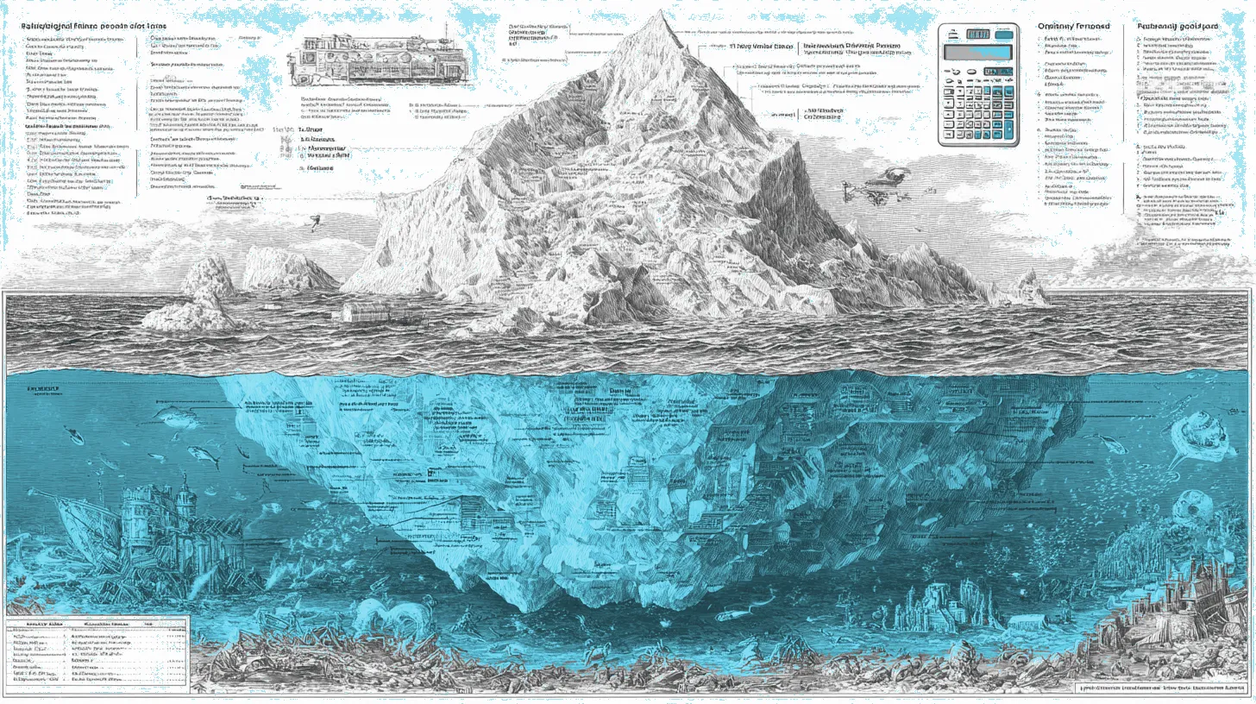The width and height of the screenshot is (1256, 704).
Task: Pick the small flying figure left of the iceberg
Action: (315, 221)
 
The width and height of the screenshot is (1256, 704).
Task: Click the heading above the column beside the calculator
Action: (1071, 27)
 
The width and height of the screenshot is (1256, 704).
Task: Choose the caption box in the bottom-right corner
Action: (1164, 688)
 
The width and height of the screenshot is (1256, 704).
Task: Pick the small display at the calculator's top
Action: (977, 33)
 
